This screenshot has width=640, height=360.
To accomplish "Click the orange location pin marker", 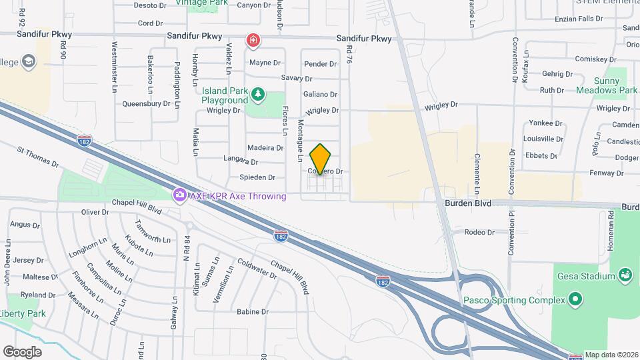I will [x=321, y=159].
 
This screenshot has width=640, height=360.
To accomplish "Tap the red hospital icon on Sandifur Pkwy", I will [x=253, y=41].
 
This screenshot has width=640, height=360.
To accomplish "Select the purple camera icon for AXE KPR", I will [x=179, y=196].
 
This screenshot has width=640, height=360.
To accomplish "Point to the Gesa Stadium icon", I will [x=625, y=275].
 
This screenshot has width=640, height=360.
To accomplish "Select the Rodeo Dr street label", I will [x=479, y=233].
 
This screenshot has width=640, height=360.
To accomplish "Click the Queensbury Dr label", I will [x=146, y=104].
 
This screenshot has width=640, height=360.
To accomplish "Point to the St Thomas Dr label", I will [x=38, y=157].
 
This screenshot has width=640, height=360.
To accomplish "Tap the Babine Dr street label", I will [x=253, y=311].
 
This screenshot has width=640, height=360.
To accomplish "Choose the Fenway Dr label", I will [x=610, y=173].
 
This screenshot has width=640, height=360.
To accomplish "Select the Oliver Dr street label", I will [x=95, y=212].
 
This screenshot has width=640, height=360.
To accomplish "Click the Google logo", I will [x=22, y=351].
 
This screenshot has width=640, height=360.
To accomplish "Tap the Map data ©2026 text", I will [x=611, y=355].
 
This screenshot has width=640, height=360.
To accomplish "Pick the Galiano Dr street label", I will [x=320, y=95].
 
